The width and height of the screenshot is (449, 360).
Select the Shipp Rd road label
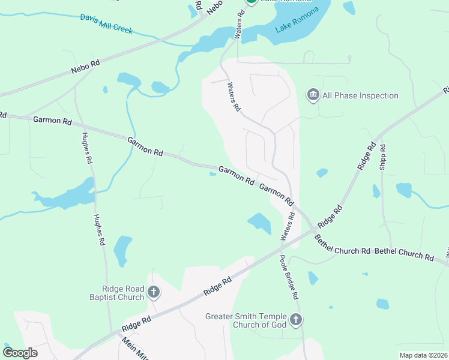click(382, 158)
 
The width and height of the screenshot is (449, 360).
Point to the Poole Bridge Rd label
click(288, 277)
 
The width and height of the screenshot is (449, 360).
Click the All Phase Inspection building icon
click(313, 95)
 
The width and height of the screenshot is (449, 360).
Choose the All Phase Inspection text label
click(360, 95)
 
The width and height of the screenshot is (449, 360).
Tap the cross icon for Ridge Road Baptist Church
click(154, 292)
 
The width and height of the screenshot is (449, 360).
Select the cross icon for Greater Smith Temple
click(295, 320)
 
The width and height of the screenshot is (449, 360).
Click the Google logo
click(20, 353)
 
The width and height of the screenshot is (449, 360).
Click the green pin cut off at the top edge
click(252, 2)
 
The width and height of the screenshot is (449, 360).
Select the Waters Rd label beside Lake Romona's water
click(240, 25)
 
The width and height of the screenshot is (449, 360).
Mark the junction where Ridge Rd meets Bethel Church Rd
click(312, 229)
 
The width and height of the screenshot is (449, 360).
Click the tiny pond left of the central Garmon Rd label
click(212, 175)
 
